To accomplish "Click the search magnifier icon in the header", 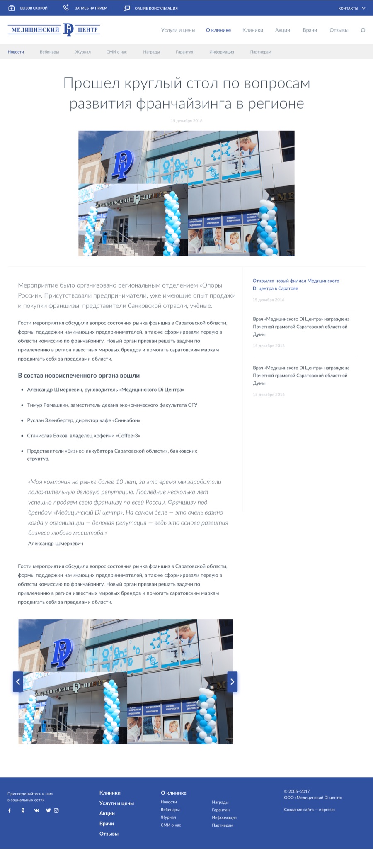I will (363, 30).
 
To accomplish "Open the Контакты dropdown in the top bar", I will (351, 8).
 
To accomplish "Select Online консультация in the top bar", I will (151, 8).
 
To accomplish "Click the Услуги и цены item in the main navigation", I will (178, 30).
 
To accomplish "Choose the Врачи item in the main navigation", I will (310, 30).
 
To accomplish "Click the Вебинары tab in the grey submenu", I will (49, 52).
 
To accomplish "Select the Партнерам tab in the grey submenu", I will (261, 52).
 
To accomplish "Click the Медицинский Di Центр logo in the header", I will (54, 29).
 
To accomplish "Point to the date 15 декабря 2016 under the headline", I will (186, 121).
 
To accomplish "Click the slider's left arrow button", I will (18, 681).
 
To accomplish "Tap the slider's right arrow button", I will (233, 681).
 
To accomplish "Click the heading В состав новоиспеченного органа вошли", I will (79, 376).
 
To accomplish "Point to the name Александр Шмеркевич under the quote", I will (56, 544).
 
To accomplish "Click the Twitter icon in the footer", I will (48, 810).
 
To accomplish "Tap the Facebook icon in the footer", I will (10, 810).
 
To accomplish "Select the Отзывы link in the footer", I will (109, 834).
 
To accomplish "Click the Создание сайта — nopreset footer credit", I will (309, 810).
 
